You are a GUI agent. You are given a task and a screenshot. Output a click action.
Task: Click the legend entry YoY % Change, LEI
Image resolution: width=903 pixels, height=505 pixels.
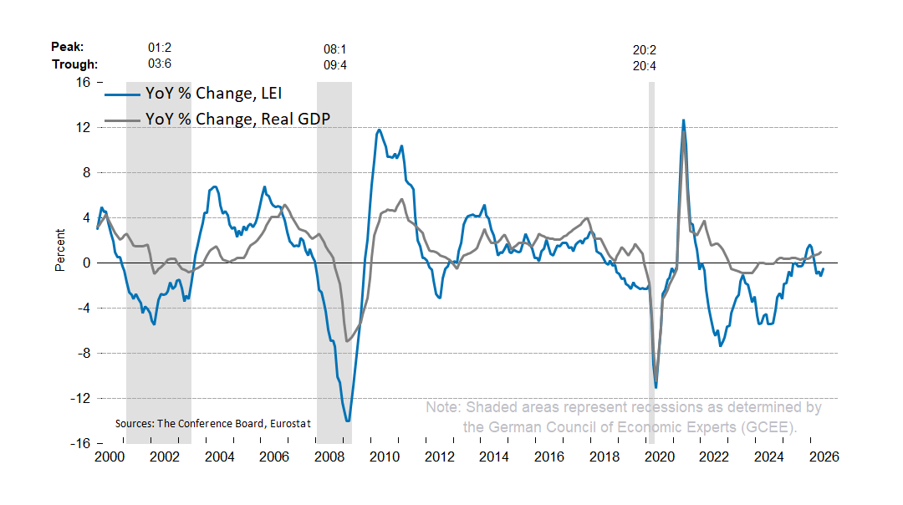coord(193,94)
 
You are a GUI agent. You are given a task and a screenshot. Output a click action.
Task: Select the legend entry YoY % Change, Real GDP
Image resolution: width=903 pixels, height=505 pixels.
coord(217,119)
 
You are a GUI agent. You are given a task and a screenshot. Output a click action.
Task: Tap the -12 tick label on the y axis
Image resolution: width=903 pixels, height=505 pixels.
coord(80,399)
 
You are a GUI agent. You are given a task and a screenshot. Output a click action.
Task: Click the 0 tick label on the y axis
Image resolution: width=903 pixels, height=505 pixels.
coord(87,263)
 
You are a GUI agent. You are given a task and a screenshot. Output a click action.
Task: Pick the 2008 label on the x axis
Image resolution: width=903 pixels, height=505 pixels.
coord(329,457)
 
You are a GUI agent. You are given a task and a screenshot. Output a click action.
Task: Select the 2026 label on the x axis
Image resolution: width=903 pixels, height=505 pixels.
coord(824,457)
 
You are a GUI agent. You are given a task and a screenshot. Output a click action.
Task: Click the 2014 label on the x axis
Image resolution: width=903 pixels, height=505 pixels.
coord(494,457)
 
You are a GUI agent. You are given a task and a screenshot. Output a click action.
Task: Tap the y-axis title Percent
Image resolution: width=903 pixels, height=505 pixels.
coord(60,251)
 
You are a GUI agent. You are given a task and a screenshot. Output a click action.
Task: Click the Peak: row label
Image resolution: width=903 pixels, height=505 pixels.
coord(68,47)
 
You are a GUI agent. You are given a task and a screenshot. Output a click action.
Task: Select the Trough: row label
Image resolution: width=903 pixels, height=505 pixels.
coord(75,64)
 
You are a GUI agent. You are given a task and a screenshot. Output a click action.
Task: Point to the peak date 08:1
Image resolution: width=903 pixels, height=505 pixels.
coord(335,49)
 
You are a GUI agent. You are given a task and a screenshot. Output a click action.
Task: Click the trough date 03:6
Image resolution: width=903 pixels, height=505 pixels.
coord(160,64)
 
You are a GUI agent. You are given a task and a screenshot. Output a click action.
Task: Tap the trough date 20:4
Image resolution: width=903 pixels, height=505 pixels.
coord(645,66)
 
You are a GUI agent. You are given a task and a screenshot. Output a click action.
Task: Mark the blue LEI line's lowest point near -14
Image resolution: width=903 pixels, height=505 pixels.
coord(348,421)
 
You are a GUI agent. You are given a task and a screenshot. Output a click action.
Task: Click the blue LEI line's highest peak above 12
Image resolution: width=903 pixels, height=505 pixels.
coord(684,120)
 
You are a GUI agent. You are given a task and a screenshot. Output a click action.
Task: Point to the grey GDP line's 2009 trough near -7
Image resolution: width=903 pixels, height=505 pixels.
coord(347,341)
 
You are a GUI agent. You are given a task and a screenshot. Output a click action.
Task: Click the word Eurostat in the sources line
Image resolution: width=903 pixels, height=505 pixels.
coord(290,424)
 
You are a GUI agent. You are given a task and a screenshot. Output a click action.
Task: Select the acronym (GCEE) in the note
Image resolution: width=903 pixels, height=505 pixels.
coord(769,427)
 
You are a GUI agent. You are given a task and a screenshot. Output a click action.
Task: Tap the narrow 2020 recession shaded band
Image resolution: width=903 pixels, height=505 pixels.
coord(652,263)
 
